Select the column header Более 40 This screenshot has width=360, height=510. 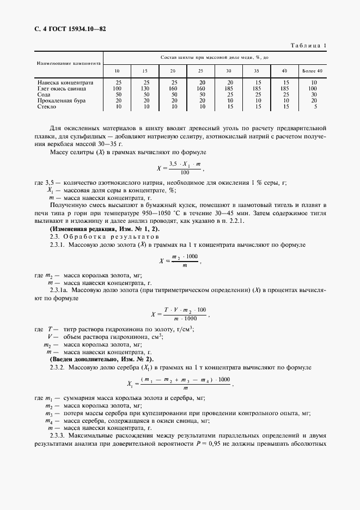tap(312, 71)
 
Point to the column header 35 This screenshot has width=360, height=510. tap(257, 71)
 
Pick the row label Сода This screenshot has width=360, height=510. tap(45, 94)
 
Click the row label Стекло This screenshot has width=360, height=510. tap(47, 106)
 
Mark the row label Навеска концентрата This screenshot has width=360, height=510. tap(65, 82)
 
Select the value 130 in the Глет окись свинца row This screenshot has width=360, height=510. tap(144, 88)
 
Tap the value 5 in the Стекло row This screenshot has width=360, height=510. tap(312, 106)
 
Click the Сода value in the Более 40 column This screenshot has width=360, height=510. tap(312, 94)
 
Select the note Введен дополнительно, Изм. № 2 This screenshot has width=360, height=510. tap(102, 360)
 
